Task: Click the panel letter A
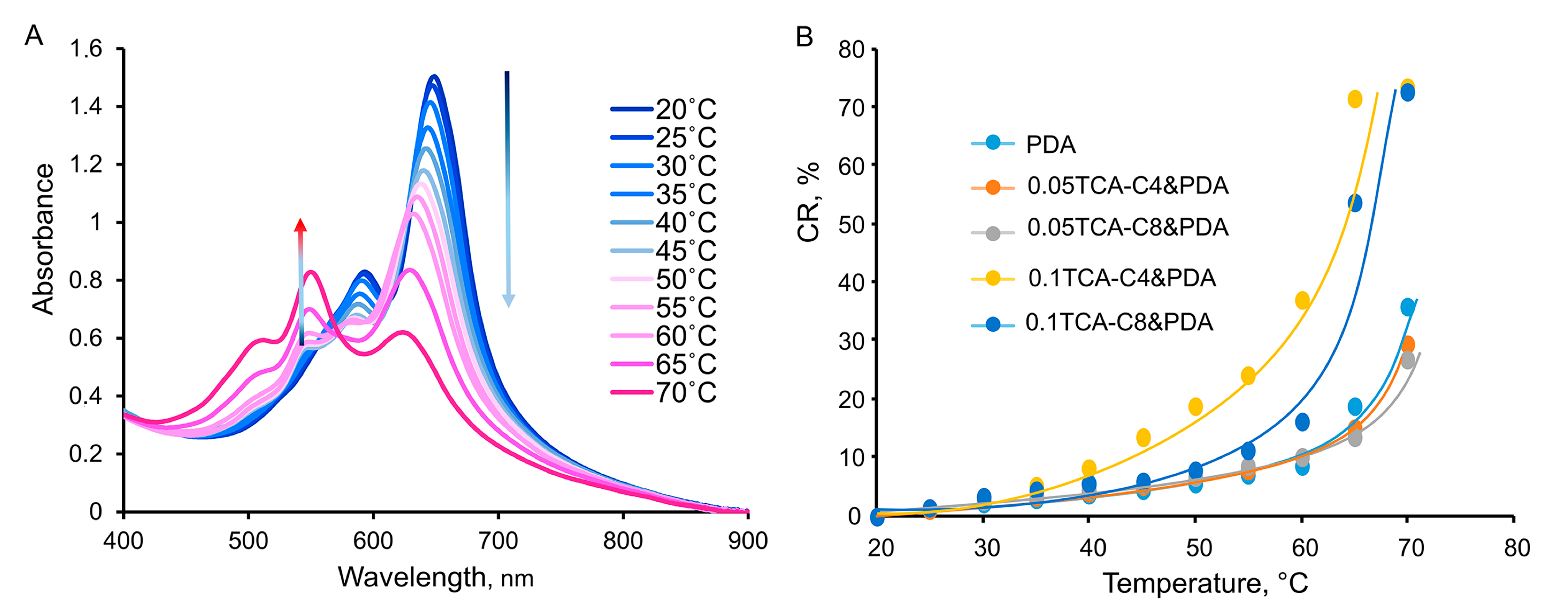tap(34, 36)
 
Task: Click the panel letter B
tap(804, 37)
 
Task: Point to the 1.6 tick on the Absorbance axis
tap(86, 49)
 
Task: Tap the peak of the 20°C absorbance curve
tap(433, 76)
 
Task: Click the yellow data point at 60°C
tap(1302, 300)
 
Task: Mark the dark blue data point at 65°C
tap(1354, 203)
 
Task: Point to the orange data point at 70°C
tap(1407, 344)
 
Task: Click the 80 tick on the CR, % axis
tap(851, 49)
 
